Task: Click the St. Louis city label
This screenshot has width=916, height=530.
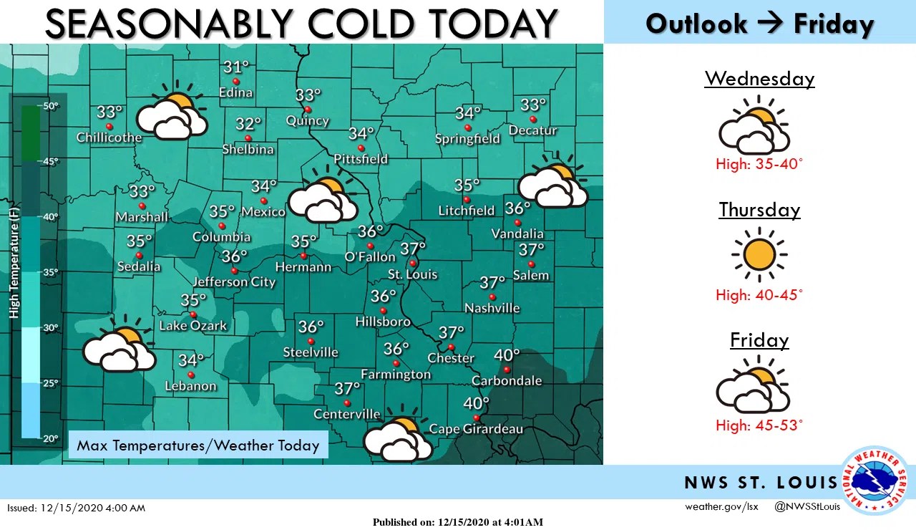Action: (412, 274)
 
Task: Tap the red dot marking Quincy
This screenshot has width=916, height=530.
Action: (308, 110)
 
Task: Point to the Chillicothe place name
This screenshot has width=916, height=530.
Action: (109, 138)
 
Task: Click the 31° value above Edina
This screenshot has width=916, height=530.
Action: (235, 68)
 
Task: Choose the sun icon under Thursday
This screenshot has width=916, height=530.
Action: (759, 254)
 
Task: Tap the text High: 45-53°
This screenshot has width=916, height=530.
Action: (759, 425)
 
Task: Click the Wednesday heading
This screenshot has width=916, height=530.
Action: (759, 78)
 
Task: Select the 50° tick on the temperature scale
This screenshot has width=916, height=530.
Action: (50, 106)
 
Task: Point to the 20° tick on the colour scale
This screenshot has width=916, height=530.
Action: (50, 438)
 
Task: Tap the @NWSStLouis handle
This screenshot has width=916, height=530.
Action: (807, 507)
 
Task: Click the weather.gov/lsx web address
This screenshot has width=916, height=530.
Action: (721, 507)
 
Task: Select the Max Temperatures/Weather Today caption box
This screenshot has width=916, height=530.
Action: (198, 445)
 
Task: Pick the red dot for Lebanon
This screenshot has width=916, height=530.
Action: (191, 375)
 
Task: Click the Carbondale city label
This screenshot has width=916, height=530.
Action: (507, 381)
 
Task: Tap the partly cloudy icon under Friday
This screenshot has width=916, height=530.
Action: (753, 387)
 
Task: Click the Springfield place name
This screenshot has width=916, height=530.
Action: (467, 139)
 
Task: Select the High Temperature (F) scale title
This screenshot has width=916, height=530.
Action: (14, 261)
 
